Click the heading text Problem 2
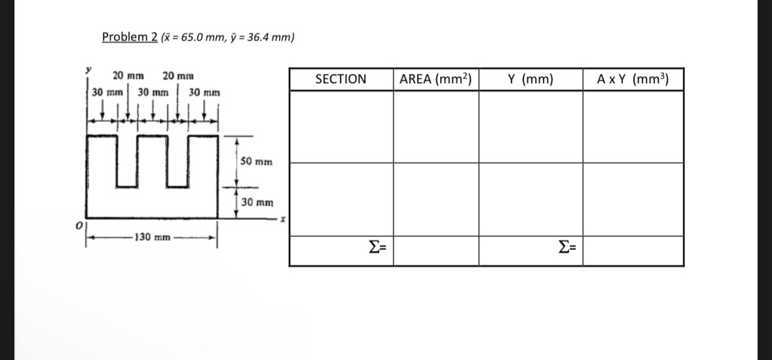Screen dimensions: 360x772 (x=129, y=37)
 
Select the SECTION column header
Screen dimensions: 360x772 (x=340, y=79)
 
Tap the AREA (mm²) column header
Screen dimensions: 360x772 (x=435, y=79)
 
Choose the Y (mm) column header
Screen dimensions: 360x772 (x=530, y=79)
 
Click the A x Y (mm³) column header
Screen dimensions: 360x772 (x=632, y=79)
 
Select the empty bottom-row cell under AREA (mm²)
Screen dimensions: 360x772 (x=435, y=251)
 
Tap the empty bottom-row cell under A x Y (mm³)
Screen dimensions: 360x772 (x=633, y=251)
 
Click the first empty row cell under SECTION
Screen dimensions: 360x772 (x=340, y=126)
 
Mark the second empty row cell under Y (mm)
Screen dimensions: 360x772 (x=530, y=199)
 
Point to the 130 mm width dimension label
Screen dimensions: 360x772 (x=151, y=236)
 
